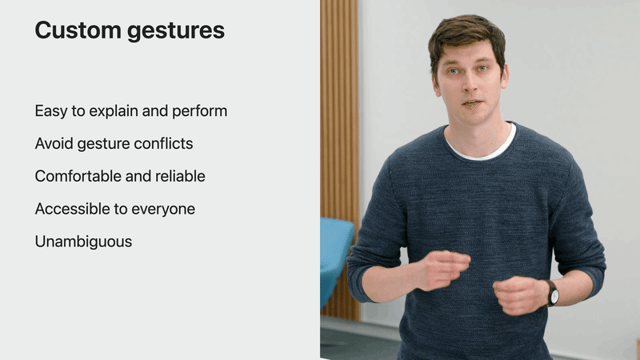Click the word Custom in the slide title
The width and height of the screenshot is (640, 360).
(78, 30)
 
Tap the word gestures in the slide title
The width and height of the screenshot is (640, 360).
(176, 32)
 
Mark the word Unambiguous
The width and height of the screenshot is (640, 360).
(83, 242)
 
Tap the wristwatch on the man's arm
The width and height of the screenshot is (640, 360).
(552, 294)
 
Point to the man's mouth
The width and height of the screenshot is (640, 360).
(473, 103)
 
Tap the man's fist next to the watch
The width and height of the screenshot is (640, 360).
(519, 294)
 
